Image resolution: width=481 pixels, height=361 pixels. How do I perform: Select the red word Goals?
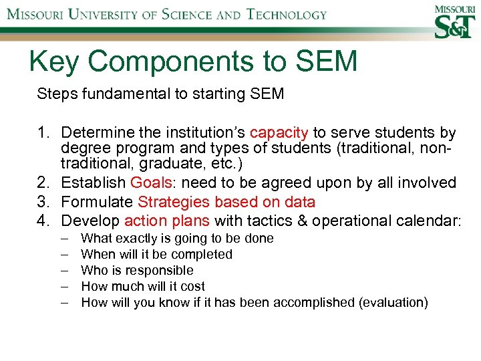(x=151, y=183)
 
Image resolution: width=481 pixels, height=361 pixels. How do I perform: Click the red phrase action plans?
(x=167, y=221)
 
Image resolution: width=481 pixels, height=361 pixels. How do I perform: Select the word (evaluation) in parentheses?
(x=393, y=302)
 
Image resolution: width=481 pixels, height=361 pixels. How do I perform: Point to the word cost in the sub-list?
(x=192, y=286)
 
